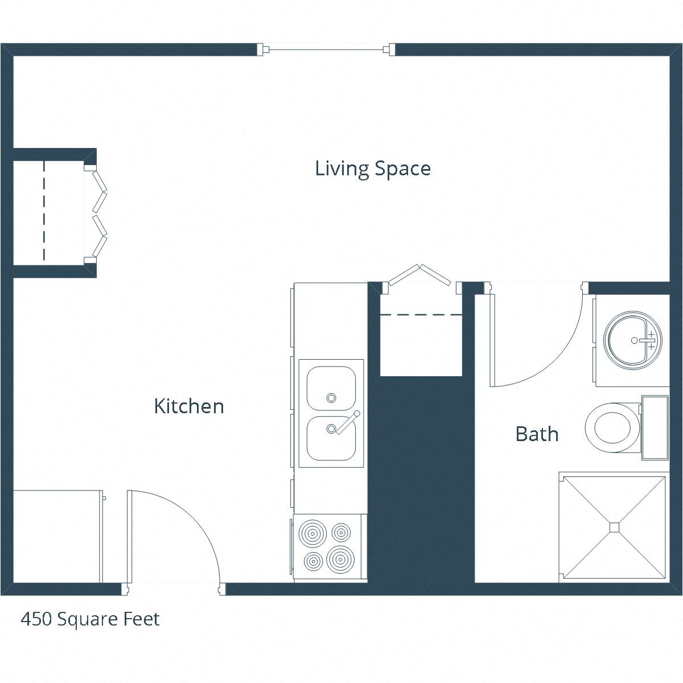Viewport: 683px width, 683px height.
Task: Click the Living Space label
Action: click(x=373, y=168)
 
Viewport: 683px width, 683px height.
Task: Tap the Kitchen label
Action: click(x=189, y=406)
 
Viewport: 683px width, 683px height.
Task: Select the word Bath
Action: click(x=537, y=434)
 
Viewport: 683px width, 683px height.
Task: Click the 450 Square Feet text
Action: click(x=90, y=619)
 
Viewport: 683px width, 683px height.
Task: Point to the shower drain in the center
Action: click(x=614, y=527)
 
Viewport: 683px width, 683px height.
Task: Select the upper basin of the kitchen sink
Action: click(x=331, y=388)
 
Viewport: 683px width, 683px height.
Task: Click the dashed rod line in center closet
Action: click(x=421, y=314)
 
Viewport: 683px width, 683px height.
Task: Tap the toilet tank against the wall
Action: click(x=655, y=427)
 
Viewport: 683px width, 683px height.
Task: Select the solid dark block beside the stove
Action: click(x=421, y=484)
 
